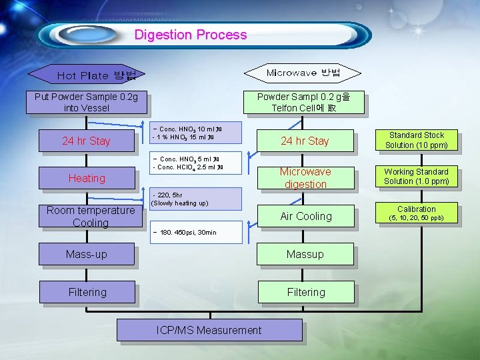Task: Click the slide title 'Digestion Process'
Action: coord(191,35)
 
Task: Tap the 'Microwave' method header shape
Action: coord(303,73)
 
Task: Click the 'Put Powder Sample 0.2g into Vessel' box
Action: coord(86,102)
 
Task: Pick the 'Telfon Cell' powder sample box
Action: coord(304,102)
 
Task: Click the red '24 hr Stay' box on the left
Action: coord(86,141)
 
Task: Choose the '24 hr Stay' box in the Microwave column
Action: coord(305,141)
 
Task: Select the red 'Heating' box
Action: coord(87,178)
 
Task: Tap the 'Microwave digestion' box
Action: coord(305,177)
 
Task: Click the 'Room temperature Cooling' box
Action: coord(90,216)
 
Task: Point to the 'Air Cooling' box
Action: coord(305,216)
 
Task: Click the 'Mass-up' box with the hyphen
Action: coord(86,254)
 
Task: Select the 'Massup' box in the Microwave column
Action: coord(305,254)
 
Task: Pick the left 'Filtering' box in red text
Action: coord(87,292)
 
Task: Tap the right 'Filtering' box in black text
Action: coord(305,292)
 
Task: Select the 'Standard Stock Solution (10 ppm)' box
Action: coord(416,140)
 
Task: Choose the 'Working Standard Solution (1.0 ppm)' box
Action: coord(416,177)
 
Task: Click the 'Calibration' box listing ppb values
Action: coord(416,213)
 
